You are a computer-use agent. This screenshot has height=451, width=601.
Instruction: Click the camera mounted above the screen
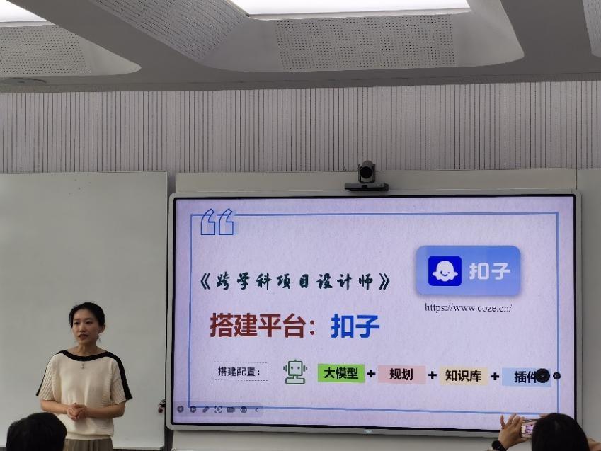[x=367, y=176]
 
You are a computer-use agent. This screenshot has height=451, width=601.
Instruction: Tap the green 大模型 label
[x=340, y=372]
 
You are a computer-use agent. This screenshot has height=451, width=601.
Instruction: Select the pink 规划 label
[x=401, y=375]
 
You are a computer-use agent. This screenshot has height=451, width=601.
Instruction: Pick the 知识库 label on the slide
[x=463, y=376]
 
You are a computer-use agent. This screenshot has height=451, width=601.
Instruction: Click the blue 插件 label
[x=526, y=377]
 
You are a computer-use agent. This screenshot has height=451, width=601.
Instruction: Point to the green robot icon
[x=295, y=372]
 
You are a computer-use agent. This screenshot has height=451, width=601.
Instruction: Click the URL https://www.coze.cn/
[x=468, y=307]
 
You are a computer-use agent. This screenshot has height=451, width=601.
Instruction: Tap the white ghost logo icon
[x=445, y=271]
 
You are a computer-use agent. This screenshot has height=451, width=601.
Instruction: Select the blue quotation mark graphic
[x=217, y=222]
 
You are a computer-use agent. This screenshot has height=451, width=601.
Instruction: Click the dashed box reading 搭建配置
[x=240, y=371]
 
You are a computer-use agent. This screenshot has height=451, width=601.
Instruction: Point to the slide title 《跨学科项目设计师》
[x=294, y=282]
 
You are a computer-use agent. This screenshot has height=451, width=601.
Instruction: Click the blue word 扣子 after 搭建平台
[x=355, y=326]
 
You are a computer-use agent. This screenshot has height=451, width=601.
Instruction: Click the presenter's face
[x=86, y=331]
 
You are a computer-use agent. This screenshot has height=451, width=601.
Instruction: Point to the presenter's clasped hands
[x=77, y=411]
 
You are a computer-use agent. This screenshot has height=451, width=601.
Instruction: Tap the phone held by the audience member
[x=527, y=428]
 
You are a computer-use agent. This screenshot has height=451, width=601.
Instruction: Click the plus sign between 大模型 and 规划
[x=371, y=374]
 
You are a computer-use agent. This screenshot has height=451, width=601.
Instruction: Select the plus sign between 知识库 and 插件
[x=495, y=376]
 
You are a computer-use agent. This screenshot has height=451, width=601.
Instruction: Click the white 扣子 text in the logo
[x=490, y=271]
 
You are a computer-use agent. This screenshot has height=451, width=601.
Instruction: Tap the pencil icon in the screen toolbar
[x=206, y=409]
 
